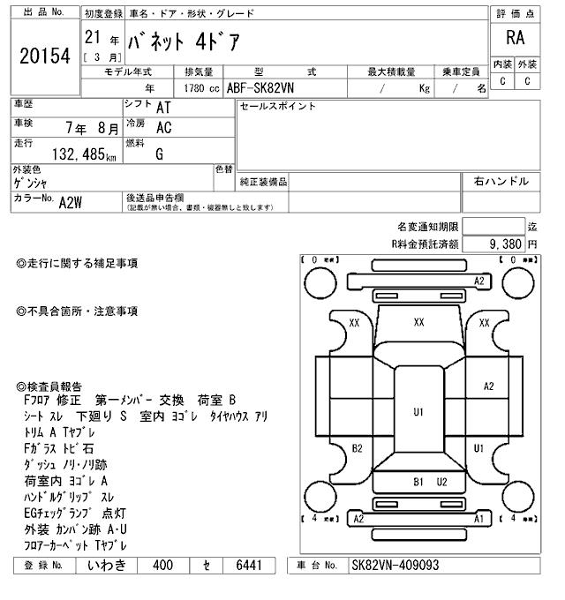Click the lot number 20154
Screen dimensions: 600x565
pos(43,55)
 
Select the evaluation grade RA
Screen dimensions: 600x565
pos(515,38)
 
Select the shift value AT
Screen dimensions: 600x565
pos(163,107)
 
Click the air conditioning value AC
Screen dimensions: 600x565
pos(163,127)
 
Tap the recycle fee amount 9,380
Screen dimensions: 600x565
pos(506,243)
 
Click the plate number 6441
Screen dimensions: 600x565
pos(244,566)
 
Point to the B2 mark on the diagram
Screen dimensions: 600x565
pos(358,448)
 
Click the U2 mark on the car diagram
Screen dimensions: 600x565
pos(442,482)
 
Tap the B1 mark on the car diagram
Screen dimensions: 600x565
pos(419,482)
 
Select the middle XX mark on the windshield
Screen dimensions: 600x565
pos(419,323)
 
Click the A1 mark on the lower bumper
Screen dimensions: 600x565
pos(480,520)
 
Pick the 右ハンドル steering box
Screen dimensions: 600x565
pos(501,182)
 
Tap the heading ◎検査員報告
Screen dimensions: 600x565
pos(49,386)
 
